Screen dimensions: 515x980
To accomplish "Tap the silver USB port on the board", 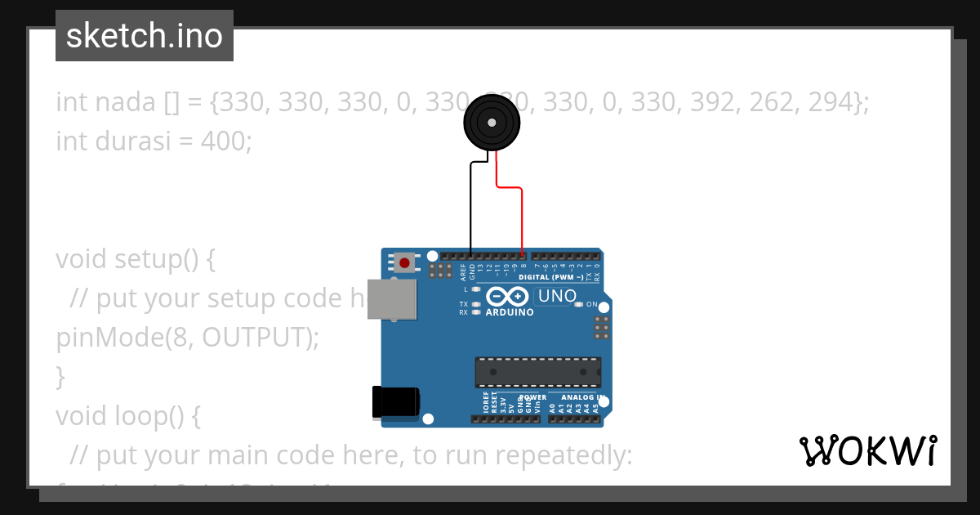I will pyautogui.click(x=392, y=298).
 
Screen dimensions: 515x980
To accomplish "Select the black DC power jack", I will pyautogui.click(x=396, y=401).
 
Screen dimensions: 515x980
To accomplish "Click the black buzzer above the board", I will pyautogui.click(x=492, y=123).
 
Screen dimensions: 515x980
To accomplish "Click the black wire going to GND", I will pyautogui.click(x=470, y=204).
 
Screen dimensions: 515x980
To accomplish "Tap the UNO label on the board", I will pyautogui.click(x=558, y=296).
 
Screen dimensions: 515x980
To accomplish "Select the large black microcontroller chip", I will pyautogui.click(x=538, y=372).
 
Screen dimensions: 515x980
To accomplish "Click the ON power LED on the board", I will pyautogui.click(x=578, y=304).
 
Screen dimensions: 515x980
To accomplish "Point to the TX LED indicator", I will pyautogui.click(x=476, y=304).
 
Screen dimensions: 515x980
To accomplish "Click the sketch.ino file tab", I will pyautogui.click(x=145, y=36).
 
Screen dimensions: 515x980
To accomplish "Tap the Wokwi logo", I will pyautogui.click(x=867, y=451).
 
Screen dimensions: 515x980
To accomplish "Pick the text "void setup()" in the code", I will pyautogui.click(x=136, y=259).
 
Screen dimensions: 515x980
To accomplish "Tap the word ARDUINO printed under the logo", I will pyautogui.click(x=510, y=312).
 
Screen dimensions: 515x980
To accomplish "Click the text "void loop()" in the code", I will pyautogui.click(x=127, y=416).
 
